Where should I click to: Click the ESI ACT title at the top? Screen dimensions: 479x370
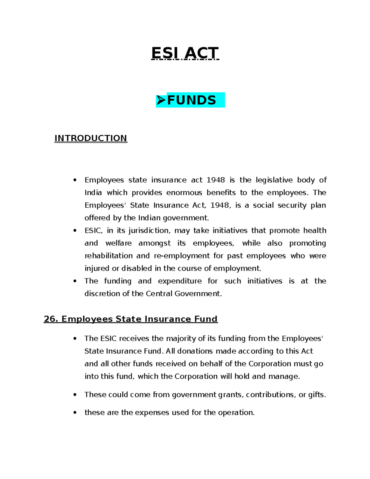pos(185,53)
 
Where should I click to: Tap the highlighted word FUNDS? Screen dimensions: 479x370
pos(191,100)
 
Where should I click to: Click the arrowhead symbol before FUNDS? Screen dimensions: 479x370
pos(161,100)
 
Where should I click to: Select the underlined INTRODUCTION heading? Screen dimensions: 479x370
pos(91,138)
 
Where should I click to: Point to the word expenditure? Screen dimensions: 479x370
pos(180,281)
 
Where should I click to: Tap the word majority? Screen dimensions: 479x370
pos(181,339)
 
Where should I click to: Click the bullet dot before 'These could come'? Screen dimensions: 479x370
pos(75,395)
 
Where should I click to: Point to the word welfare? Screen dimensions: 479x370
pos(118,243)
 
